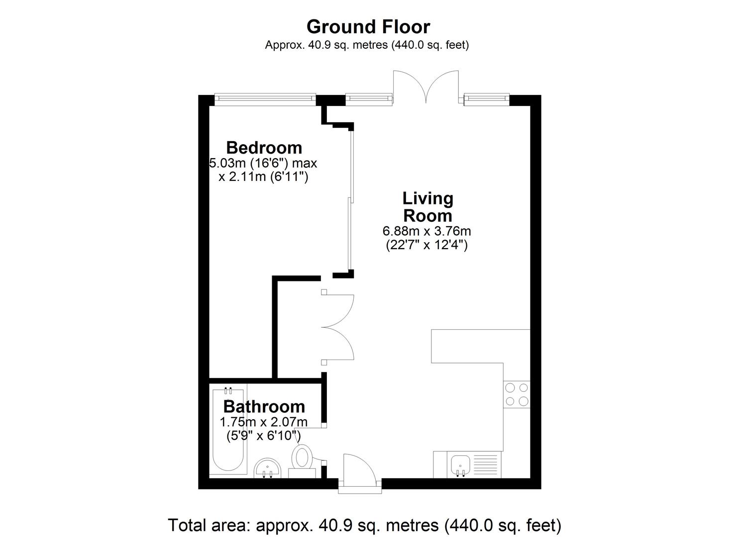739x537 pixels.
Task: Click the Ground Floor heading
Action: point(368,27)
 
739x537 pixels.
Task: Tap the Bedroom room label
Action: point(264,148)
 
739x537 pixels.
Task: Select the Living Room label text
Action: point(427,207)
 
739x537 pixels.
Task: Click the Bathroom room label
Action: point(264,406)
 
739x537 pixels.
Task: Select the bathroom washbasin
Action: point(267,468)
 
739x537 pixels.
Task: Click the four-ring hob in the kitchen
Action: point(517,395)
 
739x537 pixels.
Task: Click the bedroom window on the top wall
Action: point(265,99)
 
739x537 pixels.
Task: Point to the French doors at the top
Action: point(426,87)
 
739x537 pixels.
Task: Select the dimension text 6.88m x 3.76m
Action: point(426,231)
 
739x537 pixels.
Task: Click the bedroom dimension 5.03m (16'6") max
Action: point(263,163)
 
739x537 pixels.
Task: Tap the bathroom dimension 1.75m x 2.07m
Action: point(264,422)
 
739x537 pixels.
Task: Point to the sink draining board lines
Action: point(485,465)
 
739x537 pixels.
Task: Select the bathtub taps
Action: point(228,391)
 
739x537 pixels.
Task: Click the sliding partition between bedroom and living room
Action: point(351,201)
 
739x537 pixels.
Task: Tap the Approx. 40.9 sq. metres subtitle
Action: point(367,45)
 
